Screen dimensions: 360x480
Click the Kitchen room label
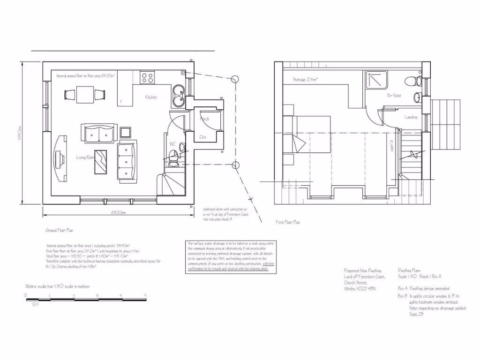(x=150, y=97)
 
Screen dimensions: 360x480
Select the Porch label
(x=204, y=119)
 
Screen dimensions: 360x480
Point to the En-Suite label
(x=394, y=96)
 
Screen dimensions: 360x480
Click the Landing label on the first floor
(x=411, y=117)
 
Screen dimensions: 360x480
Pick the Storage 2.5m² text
(x=305, y=80)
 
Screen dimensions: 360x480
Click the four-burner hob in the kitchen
(x=148, y=77)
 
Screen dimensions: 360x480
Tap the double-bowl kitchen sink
(x=178, y=95)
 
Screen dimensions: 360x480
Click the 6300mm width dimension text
(x=118, y=212)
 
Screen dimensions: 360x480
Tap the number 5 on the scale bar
(x=145, y=295)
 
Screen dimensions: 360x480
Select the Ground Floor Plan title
(x=59, y=231)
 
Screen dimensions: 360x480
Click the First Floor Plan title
(x=288, y=222)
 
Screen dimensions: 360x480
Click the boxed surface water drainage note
(x=231, y=256)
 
